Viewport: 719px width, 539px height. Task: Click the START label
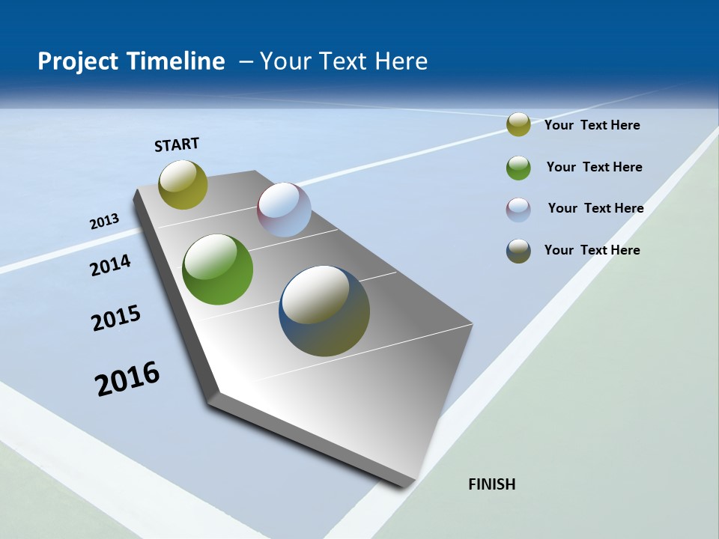177,144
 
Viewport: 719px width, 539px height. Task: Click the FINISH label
491,484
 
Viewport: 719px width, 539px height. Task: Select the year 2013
104,221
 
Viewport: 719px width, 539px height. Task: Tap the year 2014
110,265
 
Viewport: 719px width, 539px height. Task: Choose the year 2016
127,378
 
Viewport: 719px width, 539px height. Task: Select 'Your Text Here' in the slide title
344,61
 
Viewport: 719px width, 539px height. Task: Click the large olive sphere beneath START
183,184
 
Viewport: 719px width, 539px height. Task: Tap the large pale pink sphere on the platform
284,210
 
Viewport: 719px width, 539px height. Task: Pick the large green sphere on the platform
217,269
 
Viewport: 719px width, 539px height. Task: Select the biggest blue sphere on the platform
324,311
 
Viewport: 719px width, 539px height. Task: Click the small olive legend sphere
518,124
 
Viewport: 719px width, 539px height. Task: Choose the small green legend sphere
518,168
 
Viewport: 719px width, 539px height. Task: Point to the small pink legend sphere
518,210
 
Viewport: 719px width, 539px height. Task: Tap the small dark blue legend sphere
518,251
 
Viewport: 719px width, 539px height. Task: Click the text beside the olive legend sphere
592,125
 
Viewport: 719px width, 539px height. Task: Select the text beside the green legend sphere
594,167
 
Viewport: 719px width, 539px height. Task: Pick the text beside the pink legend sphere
595,208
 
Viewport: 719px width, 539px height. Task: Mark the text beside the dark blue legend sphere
592,250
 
